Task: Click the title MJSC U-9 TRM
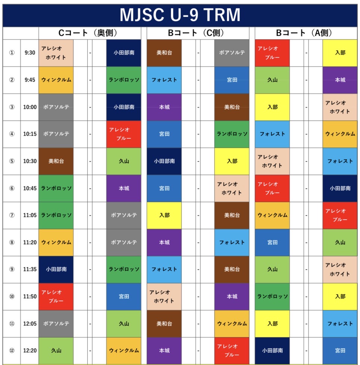coord(180,15)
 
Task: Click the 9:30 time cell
coord(30,53)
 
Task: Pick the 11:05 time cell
coord(30,215)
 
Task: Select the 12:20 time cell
coord(30,350)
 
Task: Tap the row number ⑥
coord(12,188)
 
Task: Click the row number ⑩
coord(12,296)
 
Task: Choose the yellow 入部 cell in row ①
coord(340,53)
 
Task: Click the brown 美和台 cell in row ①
coord(164,53)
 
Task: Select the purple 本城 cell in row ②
coord(340,80)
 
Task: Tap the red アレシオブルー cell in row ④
coord(124,134)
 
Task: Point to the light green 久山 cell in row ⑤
coord(124,161)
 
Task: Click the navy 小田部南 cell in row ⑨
coord(56,269)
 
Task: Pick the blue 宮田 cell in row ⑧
coord(272,242)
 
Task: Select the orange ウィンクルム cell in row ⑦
coord(272,215)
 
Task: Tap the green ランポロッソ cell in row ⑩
coord(272,296)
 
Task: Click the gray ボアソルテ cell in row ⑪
coord(56,324)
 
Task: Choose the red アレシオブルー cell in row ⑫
coord(232,350)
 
